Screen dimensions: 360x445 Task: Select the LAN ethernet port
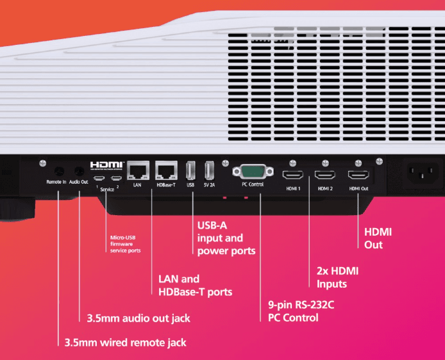coord(137,170)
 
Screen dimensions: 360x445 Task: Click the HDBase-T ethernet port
coord(166,170)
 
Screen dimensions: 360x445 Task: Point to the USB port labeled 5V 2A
coord(209,171)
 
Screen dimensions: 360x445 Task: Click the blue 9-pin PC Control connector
coord(252,172)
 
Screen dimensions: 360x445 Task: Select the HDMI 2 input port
coord(324,174)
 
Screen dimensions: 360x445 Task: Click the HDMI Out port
coord(358,174)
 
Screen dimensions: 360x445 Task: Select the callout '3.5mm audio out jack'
coord(138,318)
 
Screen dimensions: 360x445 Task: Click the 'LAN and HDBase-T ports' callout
coord(195,285)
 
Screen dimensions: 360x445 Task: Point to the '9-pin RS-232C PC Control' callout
coord(301,311)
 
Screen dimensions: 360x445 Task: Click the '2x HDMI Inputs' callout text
coord(337,277)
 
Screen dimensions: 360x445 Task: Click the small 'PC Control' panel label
coord(252,184)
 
